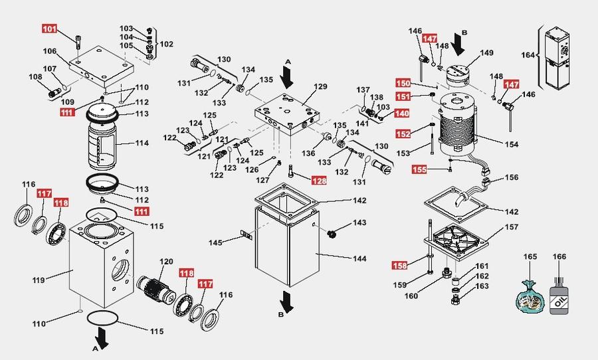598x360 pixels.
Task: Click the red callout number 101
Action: pos(50,29)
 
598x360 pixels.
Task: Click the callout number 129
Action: pos(321,87)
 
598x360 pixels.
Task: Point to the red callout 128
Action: pos(320,180)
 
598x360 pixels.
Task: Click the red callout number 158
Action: pos(399,267)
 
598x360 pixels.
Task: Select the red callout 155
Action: pos(419,169)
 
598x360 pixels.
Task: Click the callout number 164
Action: pos(528,55)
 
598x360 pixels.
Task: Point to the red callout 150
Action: pos(403,84)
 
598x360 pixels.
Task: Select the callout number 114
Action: pos(142,143)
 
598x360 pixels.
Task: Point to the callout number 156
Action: pos(511,178)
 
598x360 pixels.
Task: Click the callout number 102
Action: pos(166,45)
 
